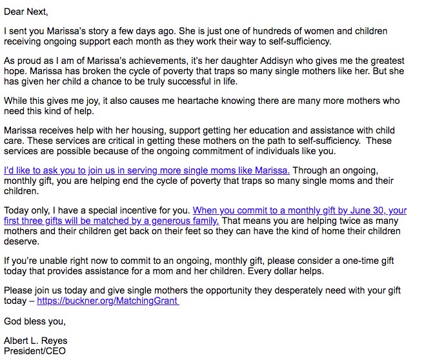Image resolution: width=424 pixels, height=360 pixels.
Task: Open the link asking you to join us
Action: [x=146, y=170]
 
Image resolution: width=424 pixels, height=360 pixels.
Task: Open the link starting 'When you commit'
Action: [x=299, y=210]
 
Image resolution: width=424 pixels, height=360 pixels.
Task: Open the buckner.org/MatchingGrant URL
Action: [x=107, y=301]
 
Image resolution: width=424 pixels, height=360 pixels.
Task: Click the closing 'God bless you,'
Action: [x=34, y=321]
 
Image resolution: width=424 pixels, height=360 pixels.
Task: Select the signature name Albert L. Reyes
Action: [x=36, y=341]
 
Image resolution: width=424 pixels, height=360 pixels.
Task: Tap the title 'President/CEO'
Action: [x=34, y=351]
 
